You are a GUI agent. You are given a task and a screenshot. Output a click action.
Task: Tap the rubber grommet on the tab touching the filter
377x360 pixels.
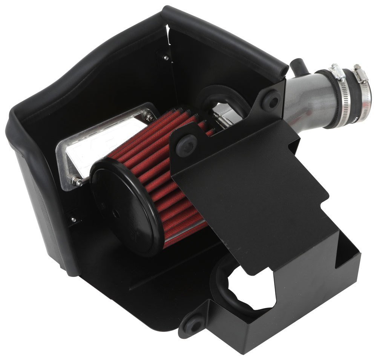pyautogui.click(x=186, y=142)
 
